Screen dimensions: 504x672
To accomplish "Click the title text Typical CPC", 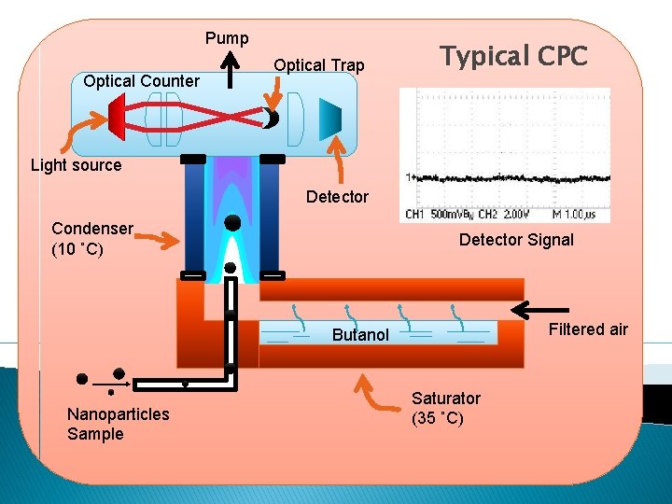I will [514, 57].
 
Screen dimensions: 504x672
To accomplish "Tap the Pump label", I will [227, 38].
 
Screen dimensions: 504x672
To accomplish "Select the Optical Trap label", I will [318, 65].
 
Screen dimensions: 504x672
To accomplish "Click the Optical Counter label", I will [141, 81].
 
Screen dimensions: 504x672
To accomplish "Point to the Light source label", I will [77, 165].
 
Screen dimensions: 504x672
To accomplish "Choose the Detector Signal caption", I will [516, 240].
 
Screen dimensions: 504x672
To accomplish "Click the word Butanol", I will [360, 335].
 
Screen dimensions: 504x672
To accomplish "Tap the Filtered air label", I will [588, 329].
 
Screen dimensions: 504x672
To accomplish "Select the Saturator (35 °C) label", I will [446, 408].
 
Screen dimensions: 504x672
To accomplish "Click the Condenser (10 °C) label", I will [91, 239].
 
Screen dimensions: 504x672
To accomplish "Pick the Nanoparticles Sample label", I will [119, 424].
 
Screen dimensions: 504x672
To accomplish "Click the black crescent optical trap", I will [270, 119].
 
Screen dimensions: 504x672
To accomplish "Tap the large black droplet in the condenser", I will [232, 222].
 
